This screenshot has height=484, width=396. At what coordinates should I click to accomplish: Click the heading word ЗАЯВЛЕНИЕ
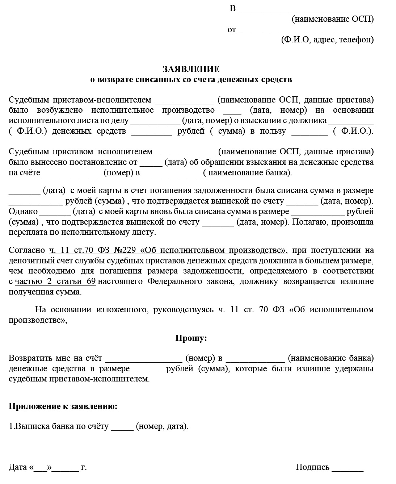191,69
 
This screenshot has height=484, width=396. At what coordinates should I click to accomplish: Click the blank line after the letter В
306,10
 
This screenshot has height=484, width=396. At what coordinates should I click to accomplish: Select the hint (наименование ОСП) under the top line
333,19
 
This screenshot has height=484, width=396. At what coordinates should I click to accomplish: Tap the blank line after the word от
306,31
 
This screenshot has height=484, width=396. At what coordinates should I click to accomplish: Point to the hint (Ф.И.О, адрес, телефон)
327,40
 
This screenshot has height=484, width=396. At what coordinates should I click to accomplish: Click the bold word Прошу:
191,338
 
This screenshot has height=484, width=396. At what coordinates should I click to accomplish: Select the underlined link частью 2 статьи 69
55,281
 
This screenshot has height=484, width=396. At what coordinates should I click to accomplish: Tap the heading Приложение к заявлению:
63,406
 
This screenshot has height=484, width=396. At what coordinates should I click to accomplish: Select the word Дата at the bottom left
18,467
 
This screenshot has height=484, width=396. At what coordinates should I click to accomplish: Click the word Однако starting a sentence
23,211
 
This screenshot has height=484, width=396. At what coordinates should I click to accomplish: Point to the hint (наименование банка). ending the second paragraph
248,172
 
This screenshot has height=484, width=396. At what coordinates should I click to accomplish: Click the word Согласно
27,250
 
